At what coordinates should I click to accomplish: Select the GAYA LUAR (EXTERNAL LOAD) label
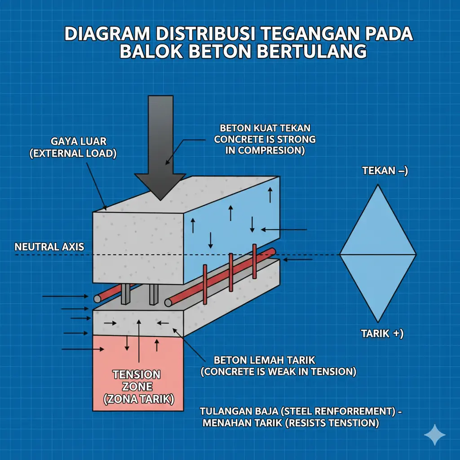pyautogui.click(x=73, y=148)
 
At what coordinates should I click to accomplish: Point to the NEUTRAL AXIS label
pyautogui.click(x=49, y=247)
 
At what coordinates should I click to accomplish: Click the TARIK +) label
pyautogui.click(x=382, y=334)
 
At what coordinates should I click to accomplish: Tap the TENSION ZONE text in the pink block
pyautogui.click(x=136, y=380)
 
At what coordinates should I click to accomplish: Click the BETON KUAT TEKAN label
pyautogui.click(x=265, y=128)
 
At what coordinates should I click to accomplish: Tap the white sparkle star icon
pyautogui.click(x=435, y=435)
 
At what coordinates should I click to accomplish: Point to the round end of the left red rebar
pyautogui.click(x=97, y=298)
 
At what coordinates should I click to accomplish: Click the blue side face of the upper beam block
pyautogui.click(x=231, y=216)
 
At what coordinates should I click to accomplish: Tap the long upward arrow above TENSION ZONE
pyautogui.click(x=139, y=341)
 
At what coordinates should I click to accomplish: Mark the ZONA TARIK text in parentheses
pyautogui.click(x=139, y=399)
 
